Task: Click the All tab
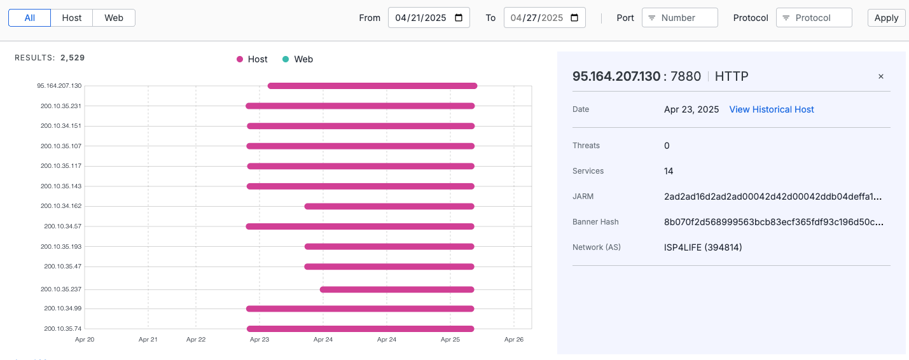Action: click(x=29, y=18)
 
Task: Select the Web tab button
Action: click(x=114, y=18)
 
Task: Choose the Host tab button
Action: click(x=72, y=18)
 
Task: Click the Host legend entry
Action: click(x=253, y=59)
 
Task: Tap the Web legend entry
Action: click(x=298, y=59)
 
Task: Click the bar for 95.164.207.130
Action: click(x=372, y=86)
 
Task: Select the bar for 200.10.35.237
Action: click(x=398, y=289)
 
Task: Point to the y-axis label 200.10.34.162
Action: click(x=61, y=206)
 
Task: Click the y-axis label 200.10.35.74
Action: click(x=63, y=329)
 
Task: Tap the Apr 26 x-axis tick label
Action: click(x=514, y=340)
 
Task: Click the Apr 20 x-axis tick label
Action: click(x=85, y=340)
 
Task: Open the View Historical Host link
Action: click(x=772, y=109)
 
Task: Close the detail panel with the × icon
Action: click(x=881, y=76)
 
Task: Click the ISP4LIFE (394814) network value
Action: click(x=703, y=247)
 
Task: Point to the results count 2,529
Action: click(x=73, y=58)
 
